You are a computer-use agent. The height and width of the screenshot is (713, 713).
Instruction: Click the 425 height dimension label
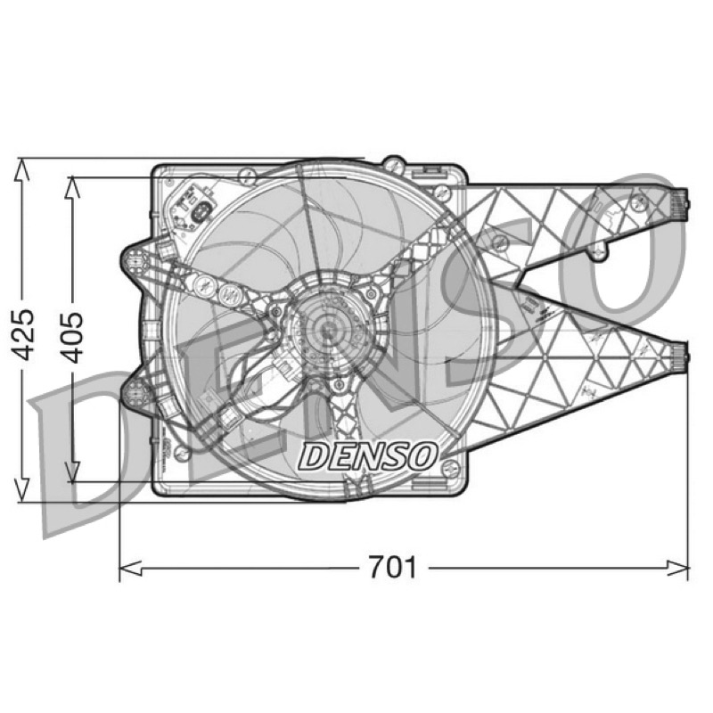click(22, 335)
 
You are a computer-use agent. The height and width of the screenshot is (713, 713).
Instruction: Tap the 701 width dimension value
click(392, 567)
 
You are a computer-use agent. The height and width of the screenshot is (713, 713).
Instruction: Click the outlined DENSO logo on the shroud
click(368, 456)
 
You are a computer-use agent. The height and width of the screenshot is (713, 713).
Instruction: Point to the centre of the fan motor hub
click(326, 330)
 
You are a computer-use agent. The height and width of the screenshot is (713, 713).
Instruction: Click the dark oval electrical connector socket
click(201, 213)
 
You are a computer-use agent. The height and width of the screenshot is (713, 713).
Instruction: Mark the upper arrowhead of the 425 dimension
click(21, 169)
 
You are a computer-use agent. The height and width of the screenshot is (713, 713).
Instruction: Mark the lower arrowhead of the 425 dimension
click(21, 491)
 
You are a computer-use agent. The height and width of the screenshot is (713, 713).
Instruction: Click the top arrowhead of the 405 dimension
click(73, 188)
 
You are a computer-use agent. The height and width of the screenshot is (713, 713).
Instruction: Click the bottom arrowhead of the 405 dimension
click(73, 471)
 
